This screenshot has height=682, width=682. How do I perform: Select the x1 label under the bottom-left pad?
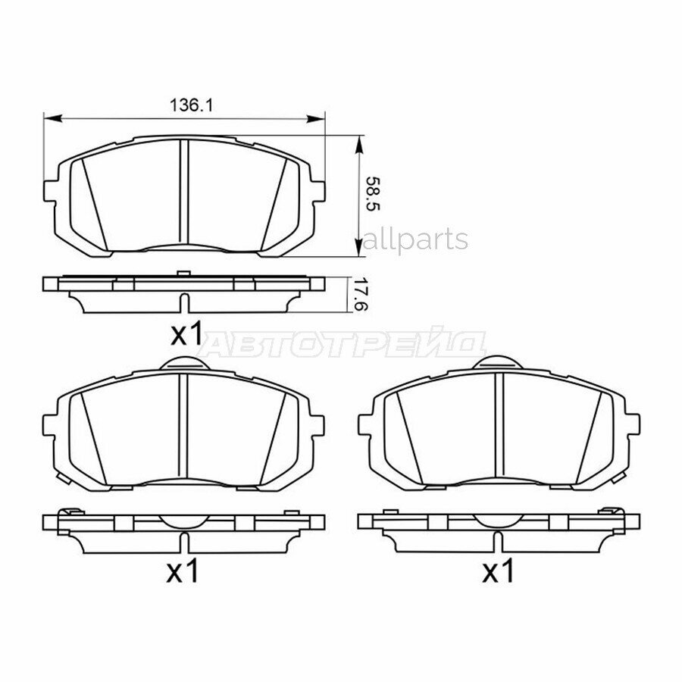182,572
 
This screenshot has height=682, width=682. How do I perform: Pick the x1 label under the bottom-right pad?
498,572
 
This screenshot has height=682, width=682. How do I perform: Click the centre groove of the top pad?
184,193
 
